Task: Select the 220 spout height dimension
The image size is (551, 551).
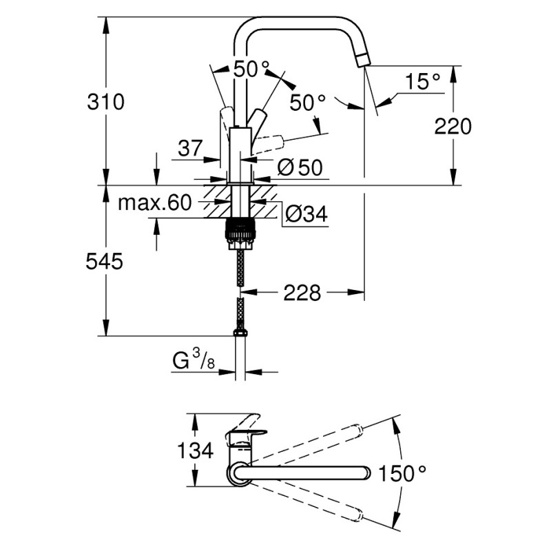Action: click(x=453, y=126)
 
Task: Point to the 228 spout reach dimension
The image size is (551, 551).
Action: click(x=302, y=293)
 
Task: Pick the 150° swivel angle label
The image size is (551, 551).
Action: click(x=403, y=473)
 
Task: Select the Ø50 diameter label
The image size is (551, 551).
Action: click(x=300, y=167)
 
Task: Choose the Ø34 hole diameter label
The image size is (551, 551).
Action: click(x=304, y=214)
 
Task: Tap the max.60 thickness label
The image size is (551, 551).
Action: click(x=154, y=202)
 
